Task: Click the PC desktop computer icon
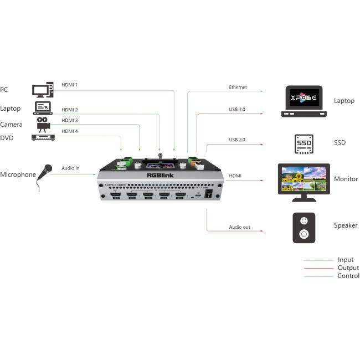point(43,90)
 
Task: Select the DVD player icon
point(43,137)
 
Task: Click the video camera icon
point(43,122)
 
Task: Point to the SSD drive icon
point(304,143)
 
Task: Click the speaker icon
point(304,228)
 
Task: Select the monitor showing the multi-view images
point(304,179)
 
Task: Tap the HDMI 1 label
point(69,85)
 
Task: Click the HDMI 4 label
point(69,131)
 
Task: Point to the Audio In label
point(70,168)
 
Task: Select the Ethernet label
point(238,88)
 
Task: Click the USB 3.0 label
point(236,110)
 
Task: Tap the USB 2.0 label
point(236,139)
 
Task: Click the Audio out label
point(239,227)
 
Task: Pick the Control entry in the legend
point(348,276)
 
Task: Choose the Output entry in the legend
point(348,268)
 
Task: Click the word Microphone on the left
point(18,174)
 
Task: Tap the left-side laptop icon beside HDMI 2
point(43,108)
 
